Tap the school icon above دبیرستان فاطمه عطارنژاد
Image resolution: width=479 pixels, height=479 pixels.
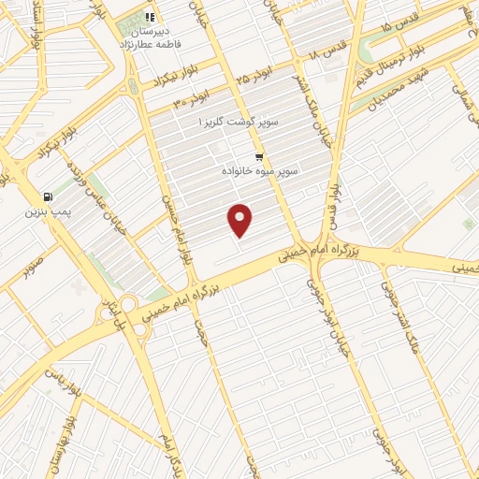point(150,16)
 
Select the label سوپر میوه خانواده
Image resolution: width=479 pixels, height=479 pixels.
point(259,172)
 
